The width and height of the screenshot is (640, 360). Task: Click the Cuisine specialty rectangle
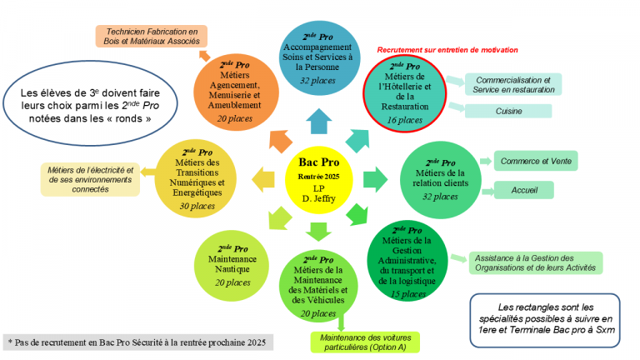(x=507, y=111)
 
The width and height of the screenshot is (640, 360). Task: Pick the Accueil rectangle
(x=524, y=190)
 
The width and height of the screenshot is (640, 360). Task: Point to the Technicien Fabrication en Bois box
(x=151, y=36)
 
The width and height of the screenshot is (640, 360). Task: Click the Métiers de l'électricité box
(x=90, y=179)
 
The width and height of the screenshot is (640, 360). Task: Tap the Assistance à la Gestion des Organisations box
(x=536, y=262)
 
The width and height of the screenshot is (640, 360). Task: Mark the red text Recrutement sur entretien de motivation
(x=447, y=50)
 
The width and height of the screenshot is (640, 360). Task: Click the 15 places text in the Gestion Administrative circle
(x=407, y=293)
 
